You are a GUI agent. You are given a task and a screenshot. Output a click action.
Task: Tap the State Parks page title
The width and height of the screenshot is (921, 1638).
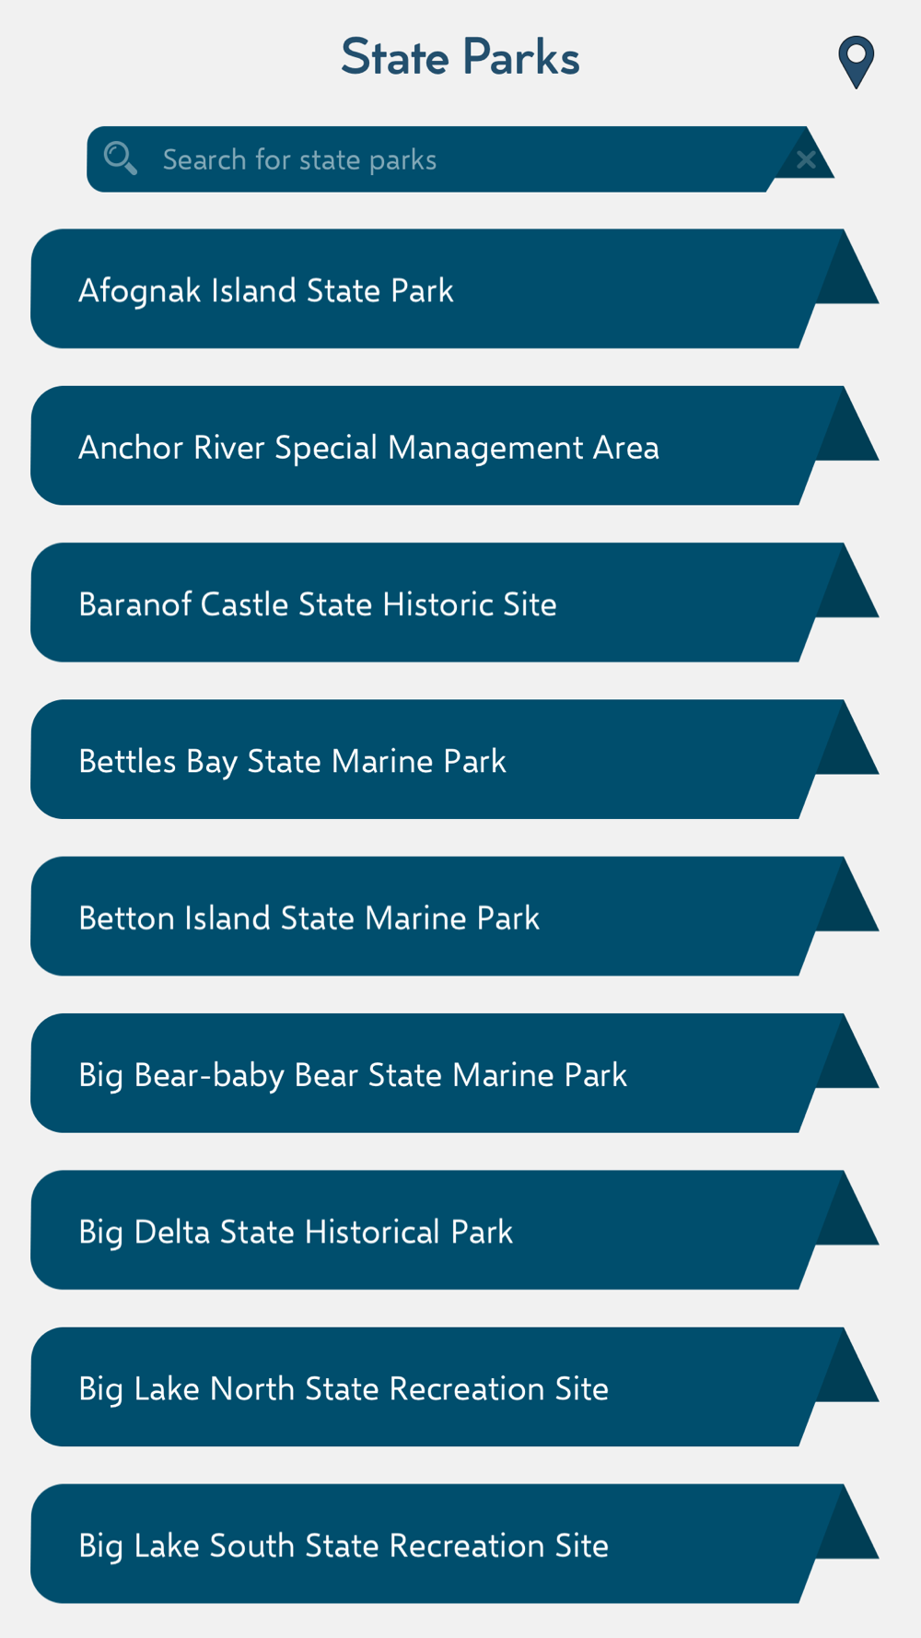click(460, 57)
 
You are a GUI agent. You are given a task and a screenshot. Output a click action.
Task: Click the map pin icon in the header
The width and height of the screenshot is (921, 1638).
click(857, 62)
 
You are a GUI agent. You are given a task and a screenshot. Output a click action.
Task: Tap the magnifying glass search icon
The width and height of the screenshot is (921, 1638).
click(121, 158)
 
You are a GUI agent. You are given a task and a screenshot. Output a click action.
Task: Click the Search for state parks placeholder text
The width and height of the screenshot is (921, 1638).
click(299, 160)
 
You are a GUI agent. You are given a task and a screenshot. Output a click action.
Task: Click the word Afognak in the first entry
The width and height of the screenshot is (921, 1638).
click(140, 291)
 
